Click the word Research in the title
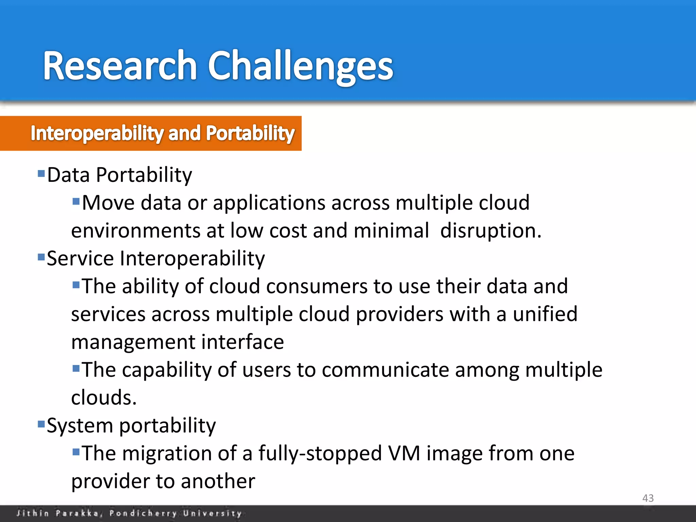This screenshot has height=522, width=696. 120,65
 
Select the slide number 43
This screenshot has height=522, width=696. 648,498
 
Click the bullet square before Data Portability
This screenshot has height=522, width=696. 41,174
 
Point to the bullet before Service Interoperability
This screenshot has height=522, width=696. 41,257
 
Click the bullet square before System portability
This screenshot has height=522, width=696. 41,424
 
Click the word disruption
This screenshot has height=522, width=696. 490,231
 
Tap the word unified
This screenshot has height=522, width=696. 545,314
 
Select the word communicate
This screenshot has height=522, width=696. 385,370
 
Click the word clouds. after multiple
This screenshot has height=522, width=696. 104,398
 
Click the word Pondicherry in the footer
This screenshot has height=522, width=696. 143,513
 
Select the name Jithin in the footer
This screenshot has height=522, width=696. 33,513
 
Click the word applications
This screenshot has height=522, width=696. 269,203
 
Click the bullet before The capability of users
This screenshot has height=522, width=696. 76,368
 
